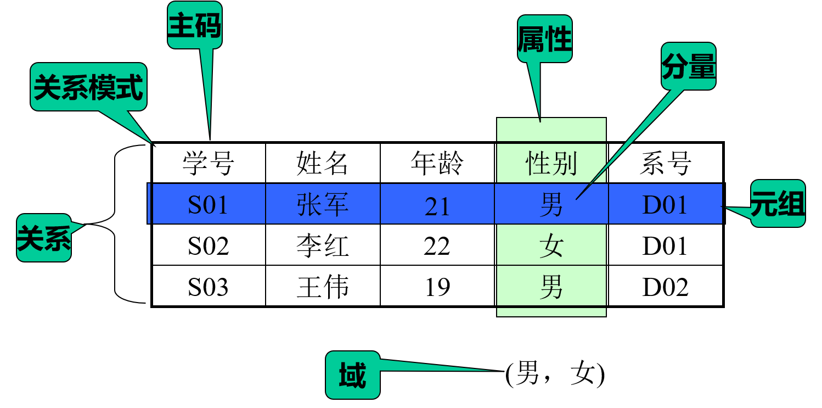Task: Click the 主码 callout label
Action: [194, 25]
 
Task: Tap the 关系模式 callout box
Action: [88, 87]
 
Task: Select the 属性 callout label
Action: [544, 38]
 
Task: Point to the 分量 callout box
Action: [689, 66]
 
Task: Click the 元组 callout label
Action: [778, 203]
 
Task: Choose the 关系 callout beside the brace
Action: [44, 238]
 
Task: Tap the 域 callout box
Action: [353, 375]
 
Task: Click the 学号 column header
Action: [209, 163]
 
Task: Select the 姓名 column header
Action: [322, 163]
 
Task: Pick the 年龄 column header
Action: [437, 163]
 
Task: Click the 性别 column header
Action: [551, 163]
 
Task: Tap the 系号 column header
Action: [665, 163]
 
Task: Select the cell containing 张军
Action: [323, 204]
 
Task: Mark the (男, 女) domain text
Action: [555, 373]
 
